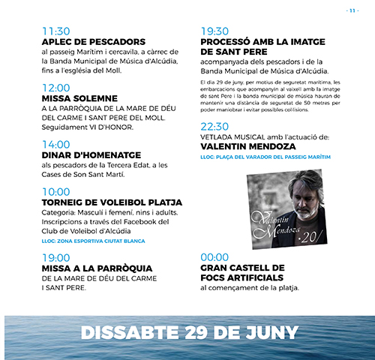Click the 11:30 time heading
click(58, 31)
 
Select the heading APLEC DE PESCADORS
click(94, 42)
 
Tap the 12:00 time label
click(58, 88)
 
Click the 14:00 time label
click(58, 144)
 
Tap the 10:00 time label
click(58, 192)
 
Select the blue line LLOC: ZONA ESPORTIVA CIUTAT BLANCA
click(94, 241)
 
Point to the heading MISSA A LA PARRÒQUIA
click(97, 268)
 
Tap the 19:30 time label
click(216, 31)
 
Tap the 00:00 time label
click(216, 256)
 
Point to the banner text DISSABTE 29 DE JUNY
click(188, 332)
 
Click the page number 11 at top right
click(354, 10)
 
